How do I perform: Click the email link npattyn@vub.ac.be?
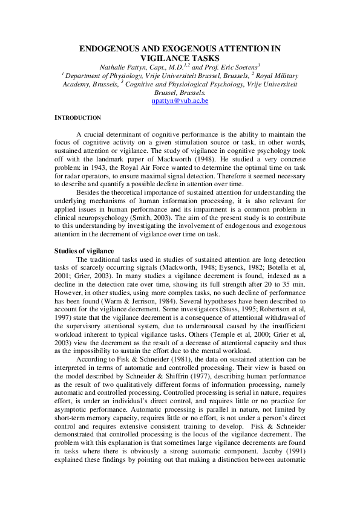coord(180,101)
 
